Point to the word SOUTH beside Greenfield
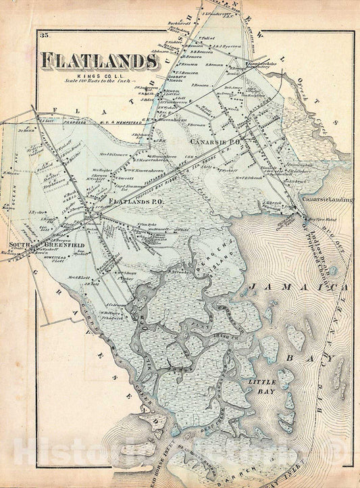coord(16,244)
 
